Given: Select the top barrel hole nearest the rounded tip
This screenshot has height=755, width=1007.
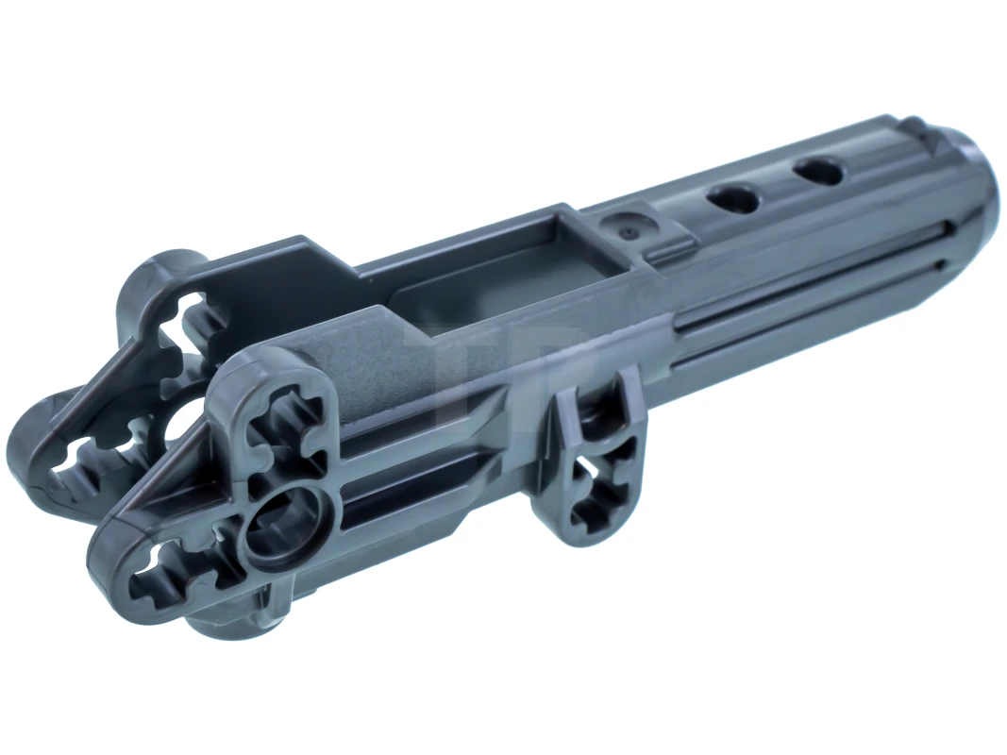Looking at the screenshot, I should (x=818, y=172).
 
